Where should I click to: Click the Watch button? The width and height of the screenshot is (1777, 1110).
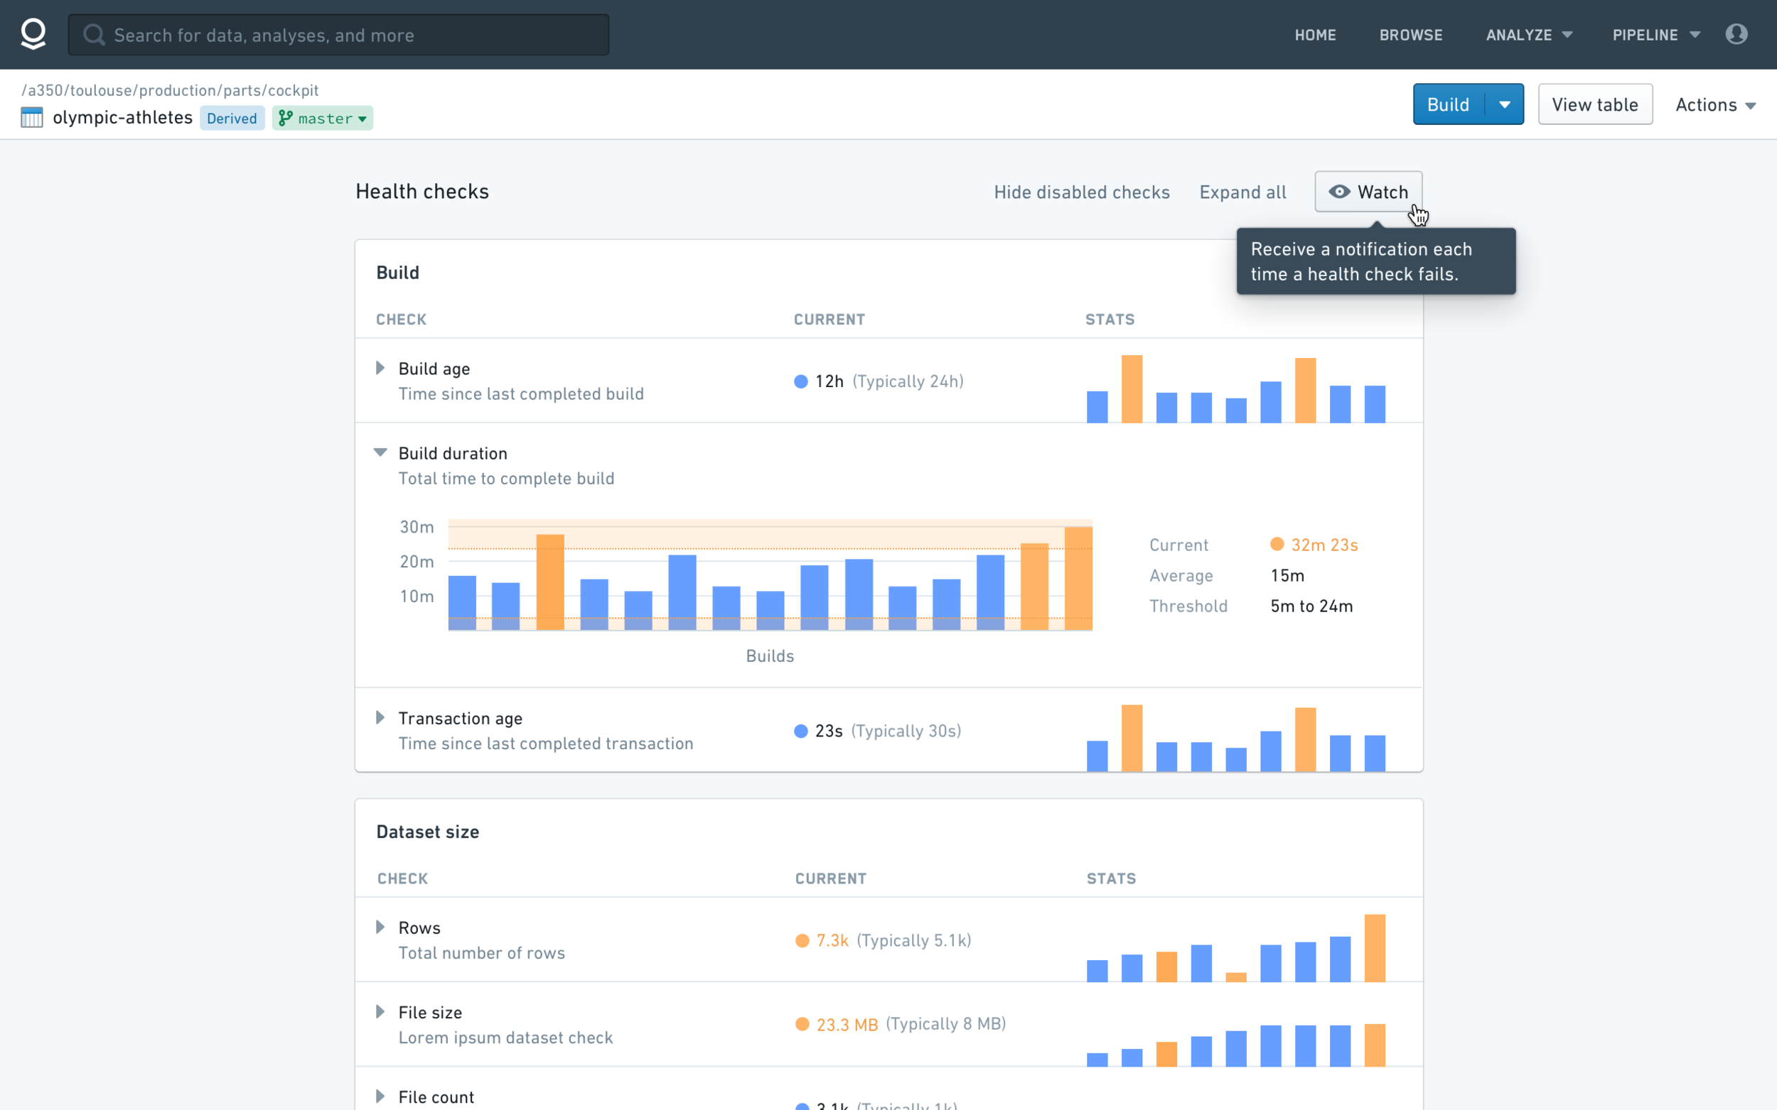click(1368, 192)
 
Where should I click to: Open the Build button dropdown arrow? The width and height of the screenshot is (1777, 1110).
click(1505, 104)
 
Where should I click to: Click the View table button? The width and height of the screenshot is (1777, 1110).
click(1595, 104)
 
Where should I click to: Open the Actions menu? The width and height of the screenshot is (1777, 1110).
click(1715, 105)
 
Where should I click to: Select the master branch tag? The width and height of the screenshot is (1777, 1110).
click(323, 118)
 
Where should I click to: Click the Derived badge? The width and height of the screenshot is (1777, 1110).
click(232, 118)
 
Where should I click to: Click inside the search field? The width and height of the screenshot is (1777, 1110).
click(338, 35)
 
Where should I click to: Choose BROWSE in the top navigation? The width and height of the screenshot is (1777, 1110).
click(1410, 36)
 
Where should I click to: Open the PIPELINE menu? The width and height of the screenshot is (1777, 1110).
click(1655, 36)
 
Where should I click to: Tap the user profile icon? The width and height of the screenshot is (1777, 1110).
click(1736, 35)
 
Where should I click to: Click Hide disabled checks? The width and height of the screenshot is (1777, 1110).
click(1081, 192)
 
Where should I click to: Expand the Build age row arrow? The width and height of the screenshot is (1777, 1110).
click(380, 368)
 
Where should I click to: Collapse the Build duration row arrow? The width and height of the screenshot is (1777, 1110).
click(380, 452)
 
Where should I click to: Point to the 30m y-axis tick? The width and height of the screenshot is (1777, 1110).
click(417, 527)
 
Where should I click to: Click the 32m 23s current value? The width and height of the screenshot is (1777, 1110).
click(1324, 545)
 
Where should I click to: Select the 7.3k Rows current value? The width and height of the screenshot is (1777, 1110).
click(832, 940)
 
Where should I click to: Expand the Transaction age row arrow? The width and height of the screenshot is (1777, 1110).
click(380, 717)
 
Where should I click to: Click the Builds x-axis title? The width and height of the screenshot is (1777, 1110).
click(770, 655)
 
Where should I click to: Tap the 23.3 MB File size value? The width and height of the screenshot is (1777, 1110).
click(847, 1025)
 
